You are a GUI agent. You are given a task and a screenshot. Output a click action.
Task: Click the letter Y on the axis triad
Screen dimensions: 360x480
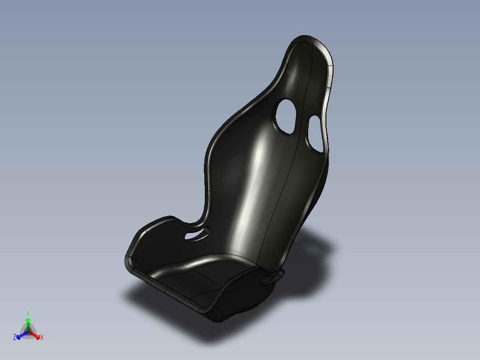[x=28, y=313]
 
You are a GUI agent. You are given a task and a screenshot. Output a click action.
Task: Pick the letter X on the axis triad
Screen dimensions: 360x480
[x=42, y=338]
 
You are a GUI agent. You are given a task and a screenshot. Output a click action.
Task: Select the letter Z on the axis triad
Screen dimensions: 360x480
[x=15, y=337]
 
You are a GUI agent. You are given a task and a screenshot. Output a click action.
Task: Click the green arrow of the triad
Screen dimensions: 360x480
[x=28, y=322]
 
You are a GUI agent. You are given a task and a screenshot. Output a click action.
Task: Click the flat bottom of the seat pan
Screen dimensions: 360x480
[x=200, y=278]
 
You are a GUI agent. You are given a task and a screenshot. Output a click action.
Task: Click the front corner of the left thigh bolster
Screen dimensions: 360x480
[x=129, y=261]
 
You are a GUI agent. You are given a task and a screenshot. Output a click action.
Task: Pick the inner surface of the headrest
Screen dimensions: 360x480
[x=307, y=71]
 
